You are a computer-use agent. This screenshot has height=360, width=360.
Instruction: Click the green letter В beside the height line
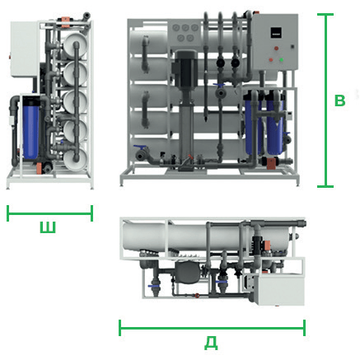tap(339, 101)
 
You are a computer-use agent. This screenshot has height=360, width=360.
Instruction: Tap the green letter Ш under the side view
tap(48, 227)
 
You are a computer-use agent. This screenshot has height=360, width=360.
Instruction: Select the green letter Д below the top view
tap(211, 343)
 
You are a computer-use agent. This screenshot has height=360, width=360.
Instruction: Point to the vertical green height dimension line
tap(325, 101)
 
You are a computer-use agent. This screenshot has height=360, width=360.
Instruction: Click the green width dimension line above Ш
tap(49, 213)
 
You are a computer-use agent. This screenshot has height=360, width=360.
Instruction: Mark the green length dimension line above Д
tap(212, 328)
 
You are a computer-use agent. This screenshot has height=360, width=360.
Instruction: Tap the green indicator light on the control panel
tap(281, 59)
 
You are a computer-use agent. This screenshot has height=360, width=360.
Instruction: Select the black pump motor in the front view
tap(186, 68)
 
